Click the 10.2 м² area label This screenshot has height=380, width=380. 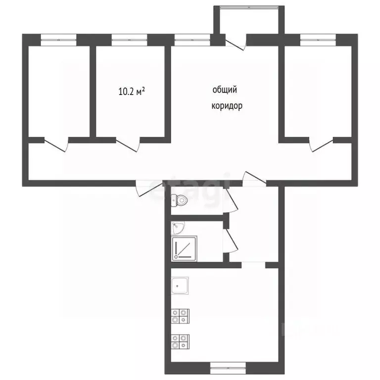pos(132,92)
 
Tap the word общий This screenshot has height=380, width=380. pos(225,90)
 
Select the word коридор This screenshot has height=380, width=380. pos(227,106)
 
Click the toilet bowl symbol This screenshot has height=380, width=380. pos(179,200)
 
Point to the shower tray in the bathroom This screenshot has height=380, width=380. pos(185,249)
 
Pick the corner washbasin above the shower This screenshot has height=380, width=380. pos(178,228)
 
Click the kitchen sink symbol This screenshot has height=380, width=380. pos(180,285)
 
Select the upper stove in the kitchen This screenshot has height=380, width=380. pos(180,316)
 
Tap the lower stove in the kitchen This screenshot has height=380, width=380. pos(180,342)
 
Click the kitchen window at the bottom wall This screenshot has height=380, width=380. pos(228,368)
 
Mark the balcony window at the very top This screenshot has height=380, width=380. pos(249,7)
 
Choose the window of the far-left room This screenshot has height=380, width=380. pos(58,40)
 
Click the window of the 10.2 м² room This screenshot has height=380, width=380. pos(130,40)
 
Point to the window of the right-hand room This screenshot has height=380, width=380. pos(318,40)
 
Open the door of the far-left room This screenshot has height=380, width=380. pos(56,144)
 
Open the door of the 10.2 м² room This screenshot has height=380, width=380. pos(128,144)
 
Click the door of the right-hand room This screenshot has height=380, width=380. pos(321,144)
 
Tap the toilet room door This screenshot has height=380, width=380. pos(231,201)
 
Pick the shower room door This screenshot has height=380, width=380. pos(231,241)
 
